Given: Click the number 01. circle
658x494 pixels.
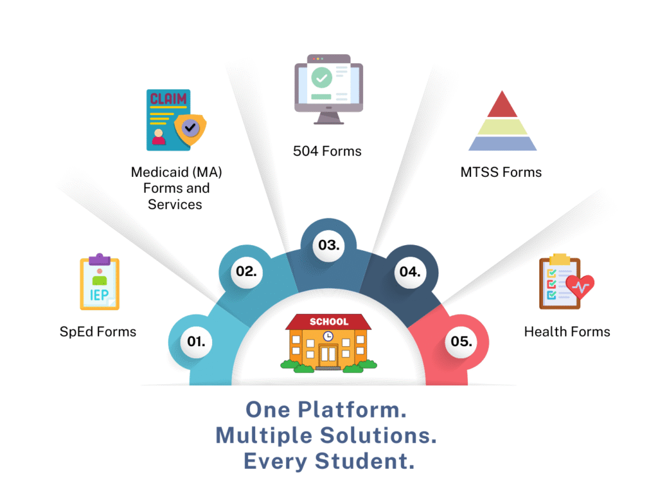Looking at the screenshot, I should pos(196,341).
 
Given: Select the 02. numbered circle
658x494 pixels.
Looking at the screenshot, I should pos(246,271).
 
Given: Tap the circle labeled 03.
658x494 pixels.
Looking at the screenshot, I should pos(328,245).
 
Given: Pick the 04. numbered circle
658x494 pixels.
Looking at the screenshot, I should pos(409,271).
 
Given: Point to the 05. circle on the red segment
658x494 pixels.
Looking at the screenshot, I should pos(461,341).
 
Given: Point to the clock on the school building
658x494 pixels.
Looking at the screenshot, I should pos(328,336).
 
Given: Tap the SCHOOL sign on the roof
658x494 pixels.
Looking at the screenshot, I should pos(328,322).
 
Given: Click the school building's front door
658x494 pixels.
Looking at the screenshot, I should pos(328,354).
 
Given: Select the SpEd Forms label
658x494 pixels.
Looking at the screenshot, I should pos(98,332).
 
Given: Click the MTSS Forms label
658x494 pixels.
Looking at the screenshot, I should pos(501,172).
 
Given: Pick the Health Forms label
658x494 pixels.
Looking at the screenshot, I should pos(567,332).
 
